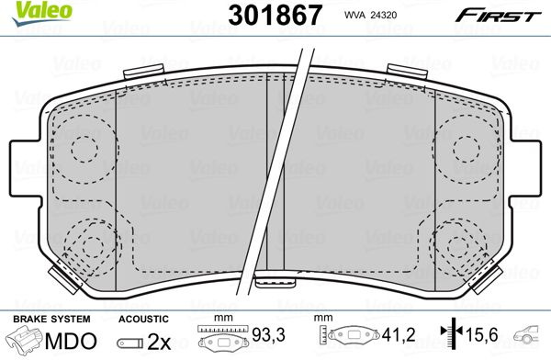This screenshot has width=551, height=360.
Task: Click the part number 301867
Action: (x=275, y=15)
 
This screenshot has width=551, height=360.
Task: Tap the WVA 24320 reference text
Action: (x=370, y=15)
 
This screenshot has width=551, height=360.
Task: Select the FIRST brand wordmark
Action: (x=498, y=16)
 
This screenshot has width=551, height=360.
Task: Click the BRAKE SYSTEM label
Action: (x=51, y=319)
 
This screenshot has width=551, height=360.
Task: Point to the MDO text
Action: (x=71, y=341)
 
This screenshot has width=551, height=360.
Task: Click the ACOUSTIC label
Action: (x=143, y=319)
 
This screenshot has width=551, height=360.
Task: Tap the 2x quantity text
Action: (x=159, y=341)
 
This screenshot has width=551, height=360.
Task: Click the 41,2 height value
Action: (x=399, y=334)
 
